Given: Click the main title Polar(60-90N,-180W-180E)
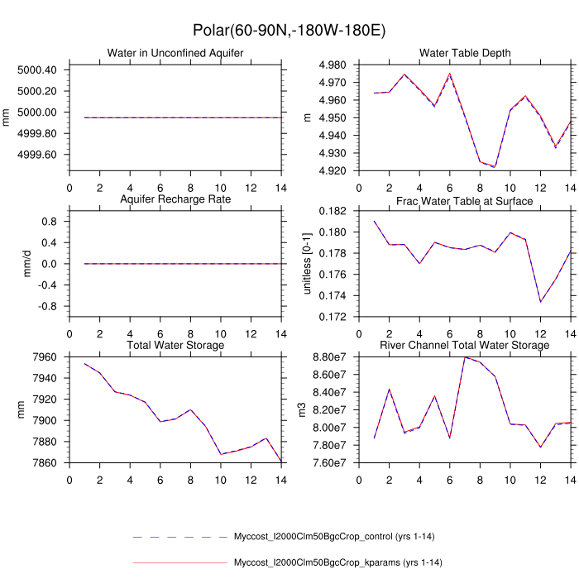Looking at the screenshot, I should click(289, 31).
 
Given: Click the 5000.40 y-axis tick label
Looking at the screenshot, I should click(37, 69).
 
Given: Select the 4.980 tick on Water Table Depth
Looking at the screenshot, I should click(339, 65).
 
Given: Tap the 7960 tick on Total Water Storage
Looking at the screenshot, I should click(44, 357).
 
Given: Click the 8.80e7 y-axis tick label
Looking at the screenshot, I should click(334, 357).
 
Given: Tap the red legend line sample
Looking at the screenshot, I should click(179, 563).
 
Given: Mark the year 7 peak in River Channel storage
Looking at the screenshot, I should click(465, 357).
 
